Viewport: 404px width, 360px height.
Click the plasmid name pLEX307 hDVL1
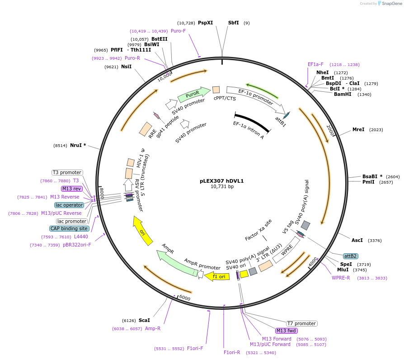tap(221, 180)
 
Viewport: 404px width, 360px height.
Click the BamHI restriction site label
tap(343, 94)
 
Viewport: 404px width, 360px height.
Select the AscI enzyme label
tap(357, 240)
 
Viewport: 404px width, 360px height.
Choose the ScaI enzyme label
tap(144, 320)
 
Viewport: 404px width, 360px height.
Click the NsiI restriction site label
tap(127, 66)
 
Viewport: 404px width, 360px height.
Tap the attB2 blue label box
tap(350, 256)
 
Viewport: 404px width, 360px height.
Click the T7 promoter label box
tap(302, 323)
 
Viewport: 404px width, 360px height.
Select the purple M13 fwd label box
tap(287, 331)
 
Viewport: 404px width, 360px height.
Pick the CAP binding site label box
tap(70, 228)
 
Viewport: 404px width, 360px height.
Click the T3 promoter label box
tap(67, 172)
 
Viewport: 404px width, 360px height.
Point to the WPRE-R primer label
tap(341, 278)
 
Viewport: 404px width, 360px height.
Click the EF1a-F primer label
tap(315, 64)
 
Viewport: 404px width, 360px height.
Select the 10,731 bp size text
tap(221, 186)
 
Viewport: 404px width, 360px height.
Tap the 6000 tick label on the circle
tap(184, 298)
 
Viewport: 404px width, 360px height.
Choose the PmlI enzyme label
tap(368, 182)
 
